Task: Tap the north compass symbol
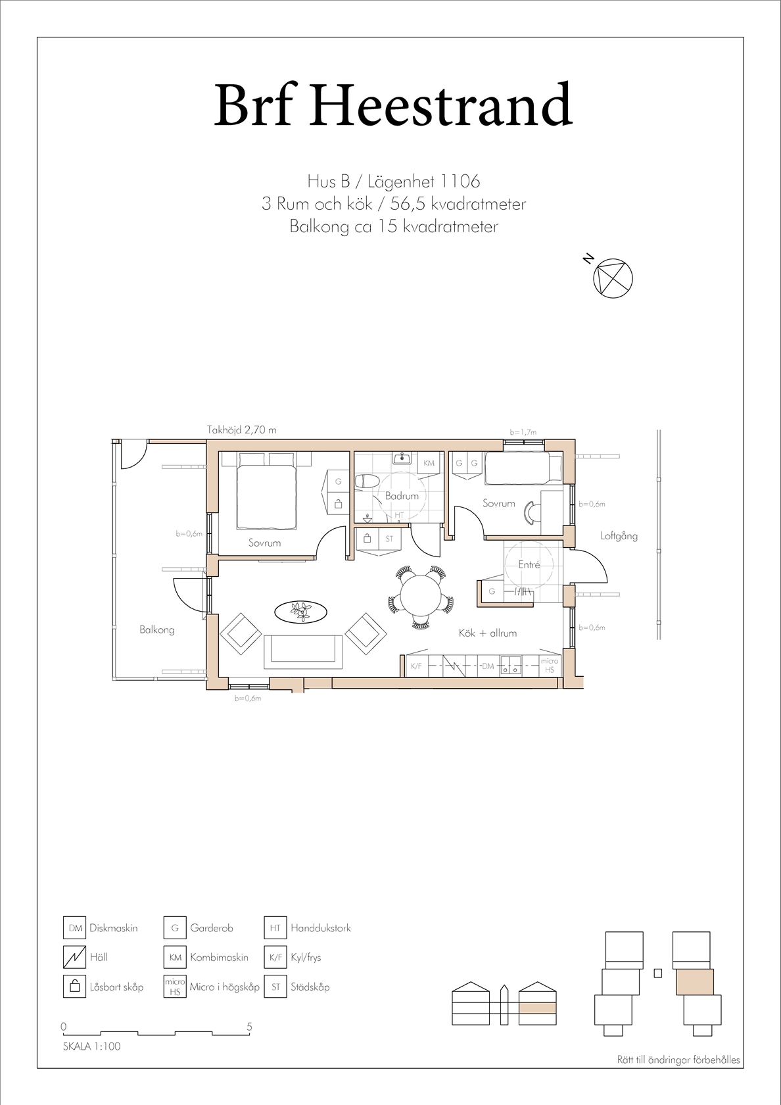613,278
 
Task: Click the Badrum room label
402,496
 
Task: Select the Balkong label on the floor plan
156,630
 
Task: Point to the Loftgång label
619,535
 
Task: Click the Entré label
529,565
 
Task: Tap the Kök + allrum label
488,633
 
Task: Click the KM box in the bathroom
429,463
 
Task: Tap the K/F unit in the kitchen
417,666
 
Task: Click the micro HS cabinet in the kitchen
550,666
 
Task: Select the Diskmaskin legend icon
75,928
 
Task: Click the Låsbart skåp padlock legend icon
75,987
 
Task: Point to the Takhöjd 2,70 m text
242,430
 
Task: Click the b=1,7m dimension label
523,432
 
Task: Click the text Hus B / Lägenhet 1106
393,182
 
